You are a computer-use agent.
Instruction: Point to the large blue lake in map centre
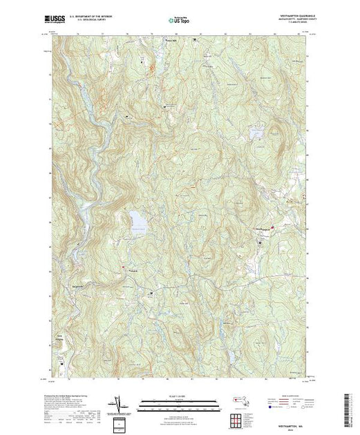138,222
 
